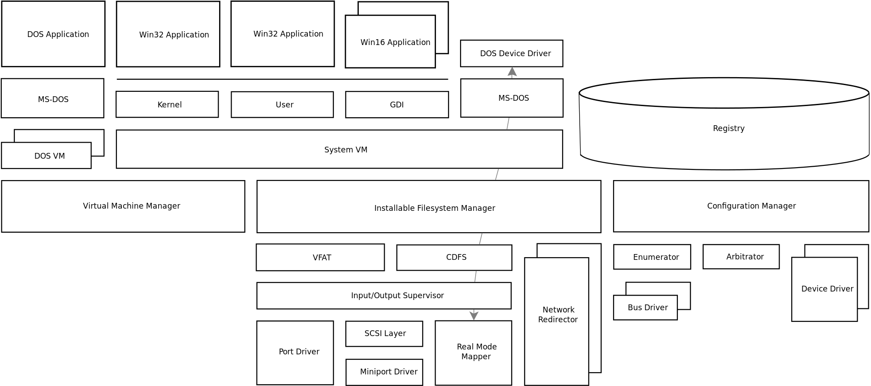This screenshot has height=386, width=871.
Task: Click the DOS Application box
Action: (54, 34)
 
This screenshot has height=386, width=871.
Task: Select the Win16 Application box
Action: (390, 42)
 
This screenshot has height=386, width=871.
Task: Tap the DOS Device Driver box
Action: (511, 53)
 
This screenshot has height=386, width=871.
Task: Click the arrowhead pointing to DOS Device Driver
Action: (512, 72)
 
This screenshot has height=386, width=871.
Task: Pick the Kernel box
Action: (167, 105)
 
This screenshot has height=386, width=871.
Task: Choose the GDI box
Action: (397, 105)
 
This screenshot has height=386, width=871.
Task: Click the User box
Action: (282, 105)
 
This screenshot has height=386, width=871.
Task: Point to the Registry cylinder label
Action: (728, 128)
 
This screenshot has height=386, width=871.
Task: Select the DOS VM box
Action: (46, 156)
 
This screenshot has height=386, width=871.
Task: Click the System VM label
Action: (346, 150)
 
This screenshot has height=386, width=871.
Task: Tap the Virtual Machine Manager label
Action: (132, 206)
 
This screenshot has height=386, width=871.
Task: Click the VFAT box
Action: (320, 258)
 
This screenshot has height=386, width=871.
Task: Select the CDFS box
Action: (454, 257)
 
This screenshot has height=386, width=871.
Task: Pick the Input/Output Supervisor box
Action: (384, 296)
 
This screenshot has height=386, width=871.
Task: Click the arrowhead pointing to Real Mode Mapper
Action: (474, 316)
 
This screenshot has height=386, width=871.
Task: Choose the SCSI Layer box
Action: (384, 333)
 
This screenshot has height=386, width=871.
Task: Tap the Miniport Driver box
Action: (384, 372)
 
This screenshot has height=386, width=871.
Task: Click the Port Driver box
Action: (295, 352)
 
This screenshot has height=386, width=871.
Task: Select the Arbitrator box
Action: (741, 257)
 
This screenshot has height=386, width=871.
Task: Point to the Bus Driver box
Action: (646, 308)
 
